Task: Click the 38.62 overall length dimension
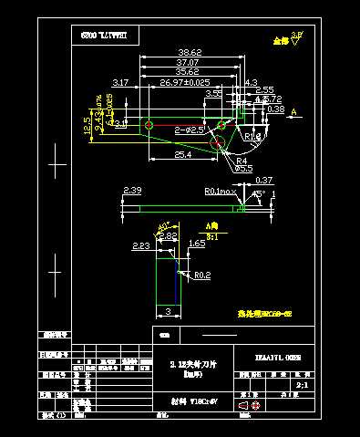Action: coord(190,52)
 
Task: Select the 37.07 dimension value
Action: coord(189,61)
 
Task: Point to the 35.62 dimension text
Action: coord(187,71)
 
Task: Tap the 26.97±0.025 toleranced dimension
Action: coord(185,83)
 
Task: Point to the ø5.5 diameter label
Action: coord(243,169)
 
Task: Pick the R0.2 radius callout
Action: coord(201,275)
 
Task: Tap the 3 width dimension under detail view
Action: coord(168,312)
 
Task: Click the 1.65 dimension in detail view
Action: coord(196,245)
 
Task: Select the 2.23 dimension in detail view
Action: coord(141,246)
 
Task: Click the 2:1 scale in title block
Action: coord(303,386)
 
